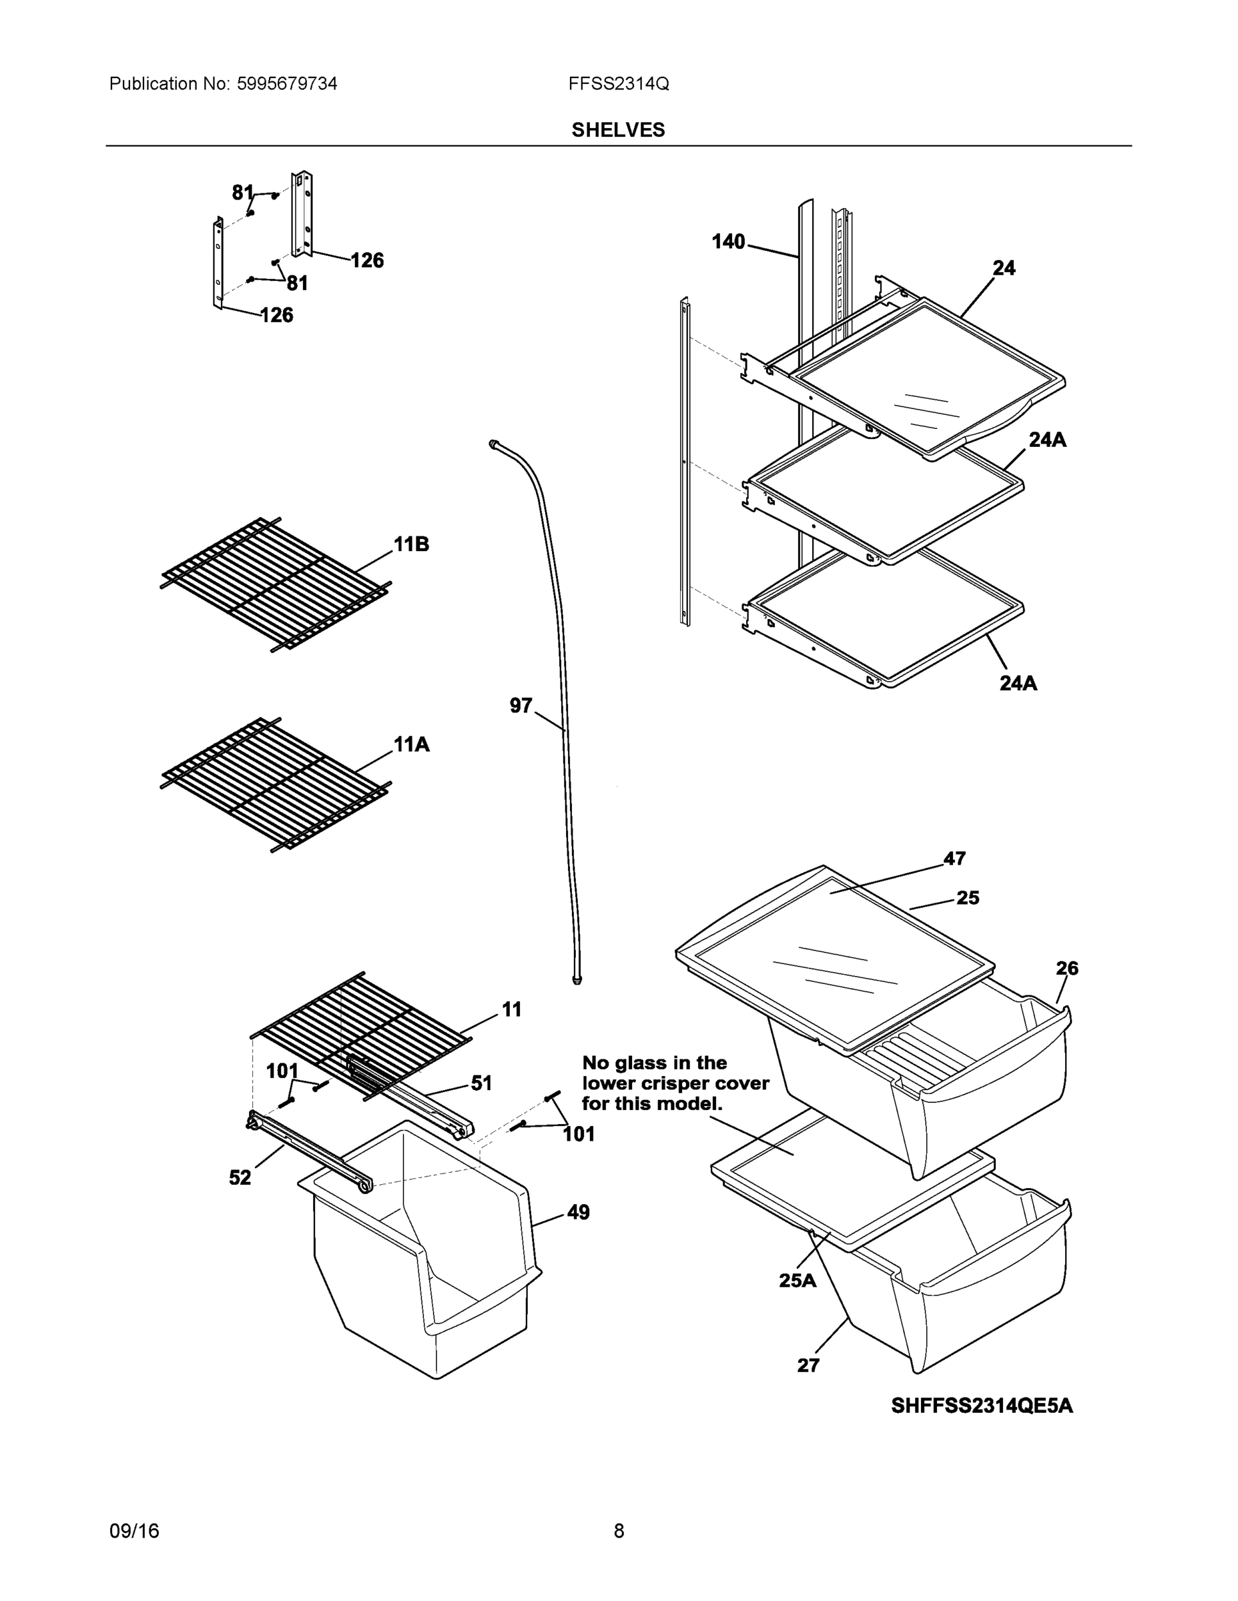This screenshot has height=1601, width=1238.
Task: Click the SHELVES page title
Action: [x=617, y=130]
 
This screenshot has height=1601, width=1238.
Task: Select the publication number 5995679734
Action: [x=287, y=83]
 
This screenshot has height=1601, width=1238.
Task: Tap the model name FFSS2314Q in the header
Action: [x=617, y=83]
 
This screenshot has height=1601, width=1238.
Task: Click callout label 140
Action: [x=727, y=241]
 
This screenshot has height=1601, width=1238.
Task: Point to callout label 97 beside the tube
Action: [x=520, y=705]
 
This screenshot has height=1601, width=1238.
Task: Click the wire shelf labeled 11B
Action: [x=275, y=584]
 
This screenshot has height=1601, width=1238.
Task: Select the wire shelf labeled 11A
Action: [x=275, y=784]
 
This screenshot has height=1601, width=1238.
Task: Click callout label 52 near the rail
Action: [x=240, y=1177]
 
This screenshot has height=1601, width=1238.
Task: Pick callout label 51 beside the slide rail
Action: [x=481, y=1083]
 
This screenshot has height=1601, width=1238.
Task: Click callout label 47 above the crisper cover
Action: [x=954, y=858]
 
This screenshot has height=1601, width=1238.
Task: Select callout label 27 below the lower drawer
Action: [x=808, y=1365]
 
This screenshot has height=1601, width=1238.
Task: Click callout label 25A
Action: [x=798, y=1281]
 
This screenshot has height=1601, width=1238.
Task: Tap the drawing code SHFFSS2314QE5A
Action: [x=981, y=1406]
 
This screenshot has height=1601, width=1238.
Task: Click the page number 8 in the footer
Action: [x=618, y=1531]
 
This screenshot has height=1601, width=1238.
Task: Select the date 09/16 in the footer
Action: [x=133, y=1531]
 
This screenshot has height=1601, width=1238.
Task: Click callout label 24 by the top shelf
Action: [x=1003, y=268]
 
